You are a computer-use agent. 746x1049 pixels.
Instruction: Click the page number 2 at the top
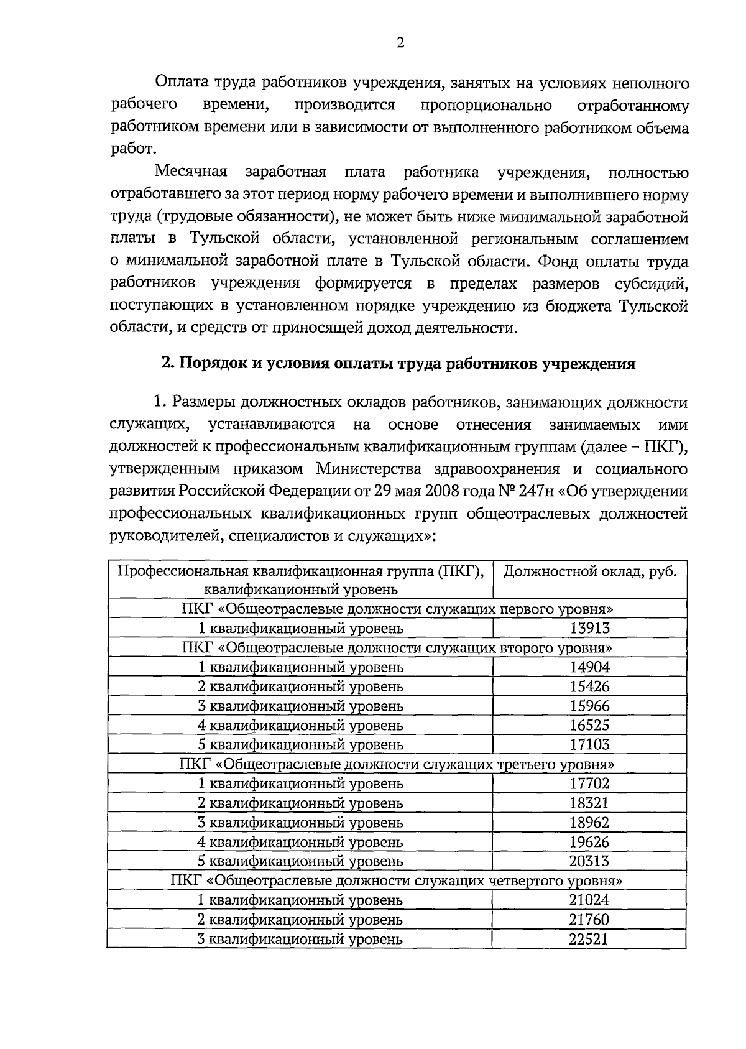pyautogui.click(x=400, y=43)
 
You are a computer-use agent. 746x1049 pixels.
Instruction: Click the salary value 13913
pyautogui.click(x=589, y=628)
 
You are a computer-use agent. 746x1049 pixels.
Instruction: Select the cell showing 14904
pyautogui.click(x=589, y=667)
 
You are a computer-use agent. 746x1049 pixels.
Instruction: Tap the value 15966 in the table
pyautogui.click(x=589, y=706)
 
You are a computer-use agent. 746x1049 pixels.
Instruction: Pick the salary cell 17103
pyautogui.click(x=589, y=744)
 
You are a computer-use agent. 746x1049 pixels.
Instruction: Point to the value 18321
pyautogui.click(x=589, y=803)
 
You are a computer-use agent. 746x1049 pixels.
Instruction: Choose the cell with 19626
pyautogui.click(x=589, y=842)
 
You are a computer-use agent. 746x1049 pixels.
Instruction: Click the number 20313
pyautogui.click(x=589, y=861)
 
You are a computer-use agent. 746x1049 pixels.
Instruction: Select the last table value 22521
pyautogui.click(x=589, y=939)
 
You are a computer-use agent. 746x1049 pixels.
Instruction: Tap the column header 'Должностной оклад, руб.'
pyautogui.click(x=589, y=571)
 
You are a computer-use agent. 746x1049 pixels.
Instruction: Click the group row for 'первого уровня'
pyautogui.click(x=397, y=609)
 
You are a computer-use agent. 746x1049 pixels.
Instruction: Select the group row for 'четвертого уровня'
pyautogui.click(x=397, y=880)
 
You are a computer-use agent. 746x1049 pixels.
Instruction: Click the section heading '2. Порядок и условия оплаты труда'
pyautogui.click(x=398, y=364)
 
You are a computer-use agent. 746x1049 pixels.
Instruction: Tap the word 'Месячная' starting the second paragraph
pyautogui.click(x=191, y=172)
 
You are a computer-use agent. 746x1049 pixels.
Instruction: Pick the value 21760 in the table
pyautogui.click(x=589, y=920)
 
